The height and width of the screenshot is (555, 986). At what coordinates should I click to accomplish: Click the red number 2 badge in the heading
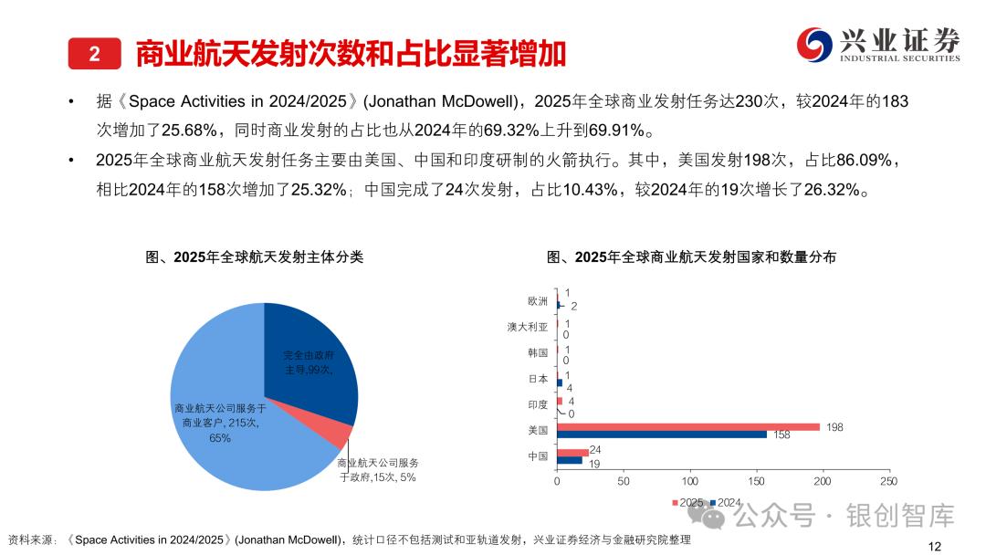click(x=94, y=54)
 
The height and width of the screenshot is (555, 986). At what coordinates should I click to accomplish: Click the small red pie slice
click(x=341, y=436)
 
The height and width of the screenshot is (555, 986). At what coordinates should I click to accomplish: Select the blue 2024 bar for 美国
click(x=662, y=435)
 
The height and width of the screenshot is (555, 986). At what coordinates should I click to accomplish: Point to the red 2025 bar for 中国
click(x=572, y=452)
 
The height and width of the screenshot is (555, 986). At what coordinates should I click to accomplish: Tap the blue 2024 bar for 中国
click(x=570, y=460)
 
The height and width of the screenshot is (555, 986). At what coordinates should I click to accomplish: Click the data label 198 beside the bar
click(x=834, y=426)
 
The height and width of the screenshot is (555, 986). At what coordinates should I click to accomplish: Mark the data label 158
click(x=781, y=435)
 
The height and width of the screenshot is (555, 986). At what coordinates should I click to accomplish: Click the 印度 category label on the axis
click(x=538, y=404)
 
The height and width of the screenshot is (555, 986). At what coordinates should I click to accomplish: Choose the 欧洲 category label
click(x=538, y=301)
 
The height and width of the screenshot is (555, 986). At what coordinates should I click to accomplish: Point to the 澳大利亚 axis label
click(x=528, y=327)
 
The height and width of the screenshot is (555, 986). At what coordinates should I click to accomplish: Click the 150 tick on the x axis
click(x=756, y=481)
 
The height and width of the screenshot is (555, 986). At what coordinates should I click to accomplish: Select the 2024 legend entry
click(x=725, y=503)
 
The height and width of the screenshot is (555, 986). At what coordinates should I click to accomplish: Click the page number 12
click(x=934, y=545)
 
